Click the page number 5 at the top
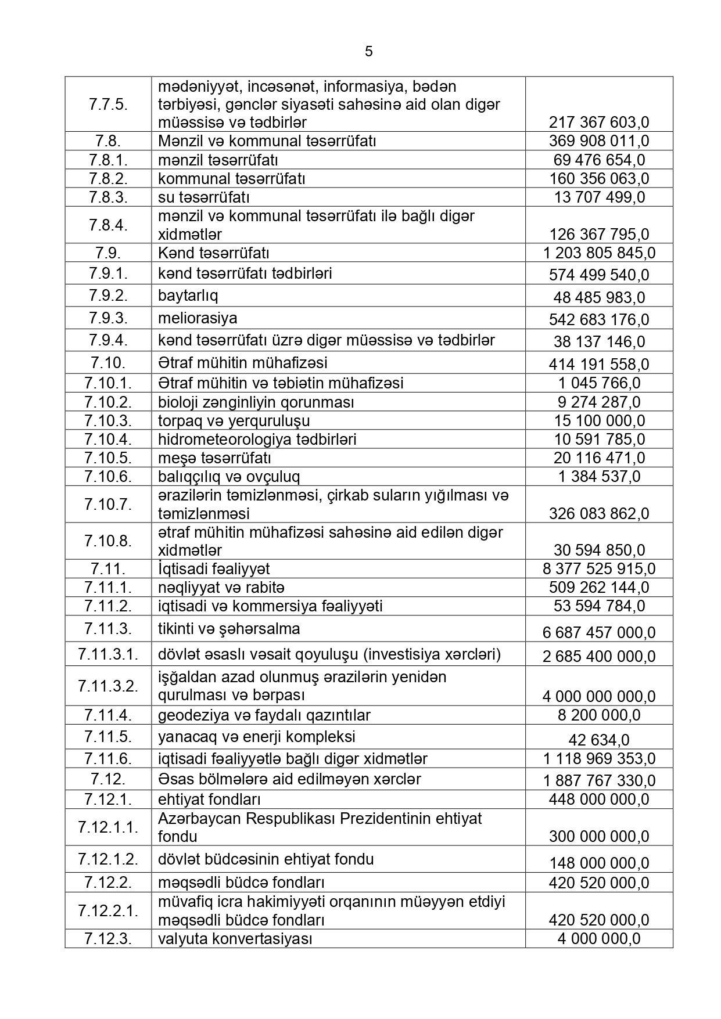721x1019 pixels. [x=369, y=52]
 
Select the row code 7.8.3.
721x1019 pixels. [x=108, y=197]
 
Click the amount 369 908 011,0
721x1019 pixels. [x=599, y=141]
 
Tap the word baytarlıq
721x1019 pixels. [x=188, y=296]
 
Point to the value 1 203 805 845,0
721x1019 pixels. [x=599, y=253]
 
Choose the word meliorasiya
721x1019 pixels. [x=198, y=318]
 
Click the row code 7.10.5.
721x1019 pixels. [x=108, y=458]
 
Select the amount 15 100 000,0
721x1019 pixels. [x=599, y=420]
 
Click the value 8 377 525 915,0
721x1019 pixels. [x=599, y=569]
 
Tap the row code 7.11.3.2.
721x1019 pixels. [x=108, y=686]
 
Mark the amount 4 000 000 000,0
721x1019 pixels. [x=599, y=696]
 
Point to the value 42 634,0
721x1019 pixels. [x=599, y=740]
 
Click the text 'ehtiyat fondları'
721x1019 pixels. [x=209, y=799]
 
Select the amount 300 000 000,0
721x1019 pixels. [x=599, y=837]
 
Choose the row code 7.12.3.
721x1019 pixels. [x=108, y=938]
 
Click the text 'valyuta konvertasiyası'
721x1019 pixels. [x=235, y=938]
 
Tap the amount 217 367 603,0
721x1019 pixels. [x=599, y=123]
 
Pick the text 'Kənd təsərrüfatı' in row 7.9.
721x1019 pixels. [x=213, y=253]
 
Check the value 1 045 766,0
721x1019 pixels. [x=599, y=383]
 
